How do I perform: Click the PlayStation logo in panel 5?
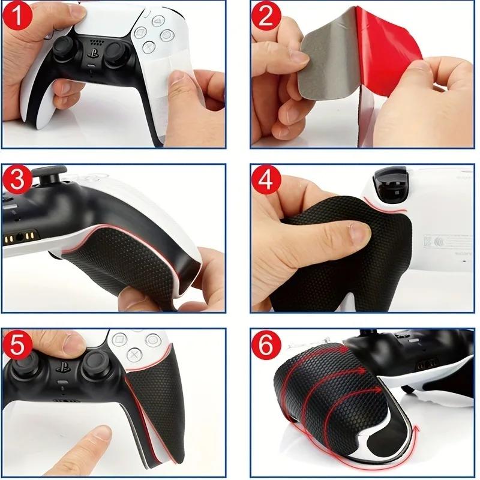60,367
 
